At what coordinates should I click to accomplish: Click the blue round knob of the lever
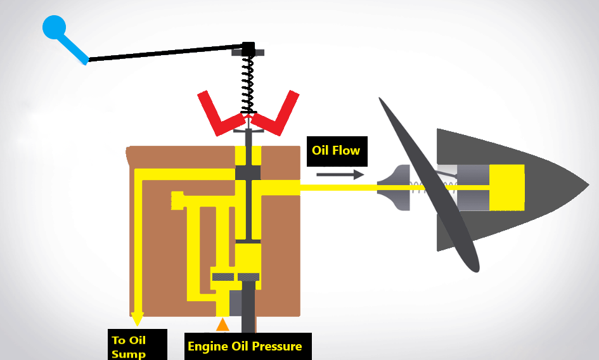54,27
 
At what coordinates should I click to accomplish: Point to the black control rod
165,53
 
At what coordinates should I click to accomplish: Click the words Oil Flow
335,150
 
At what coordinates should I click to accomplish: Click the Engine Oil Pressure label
245,346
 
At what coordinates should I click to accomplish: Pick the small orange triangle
222,325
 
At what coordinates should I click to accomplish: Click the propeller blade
431,184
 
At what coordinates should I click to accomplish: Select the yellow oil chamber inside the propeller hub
506,187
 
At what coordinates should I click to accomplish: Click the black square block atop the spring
249,48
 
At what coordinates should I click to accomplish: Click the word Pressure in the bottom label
276,346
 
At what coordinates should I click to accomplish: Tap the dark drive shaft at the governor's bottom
248,307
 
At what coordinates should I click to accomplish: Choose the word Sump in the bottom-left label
129,354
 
